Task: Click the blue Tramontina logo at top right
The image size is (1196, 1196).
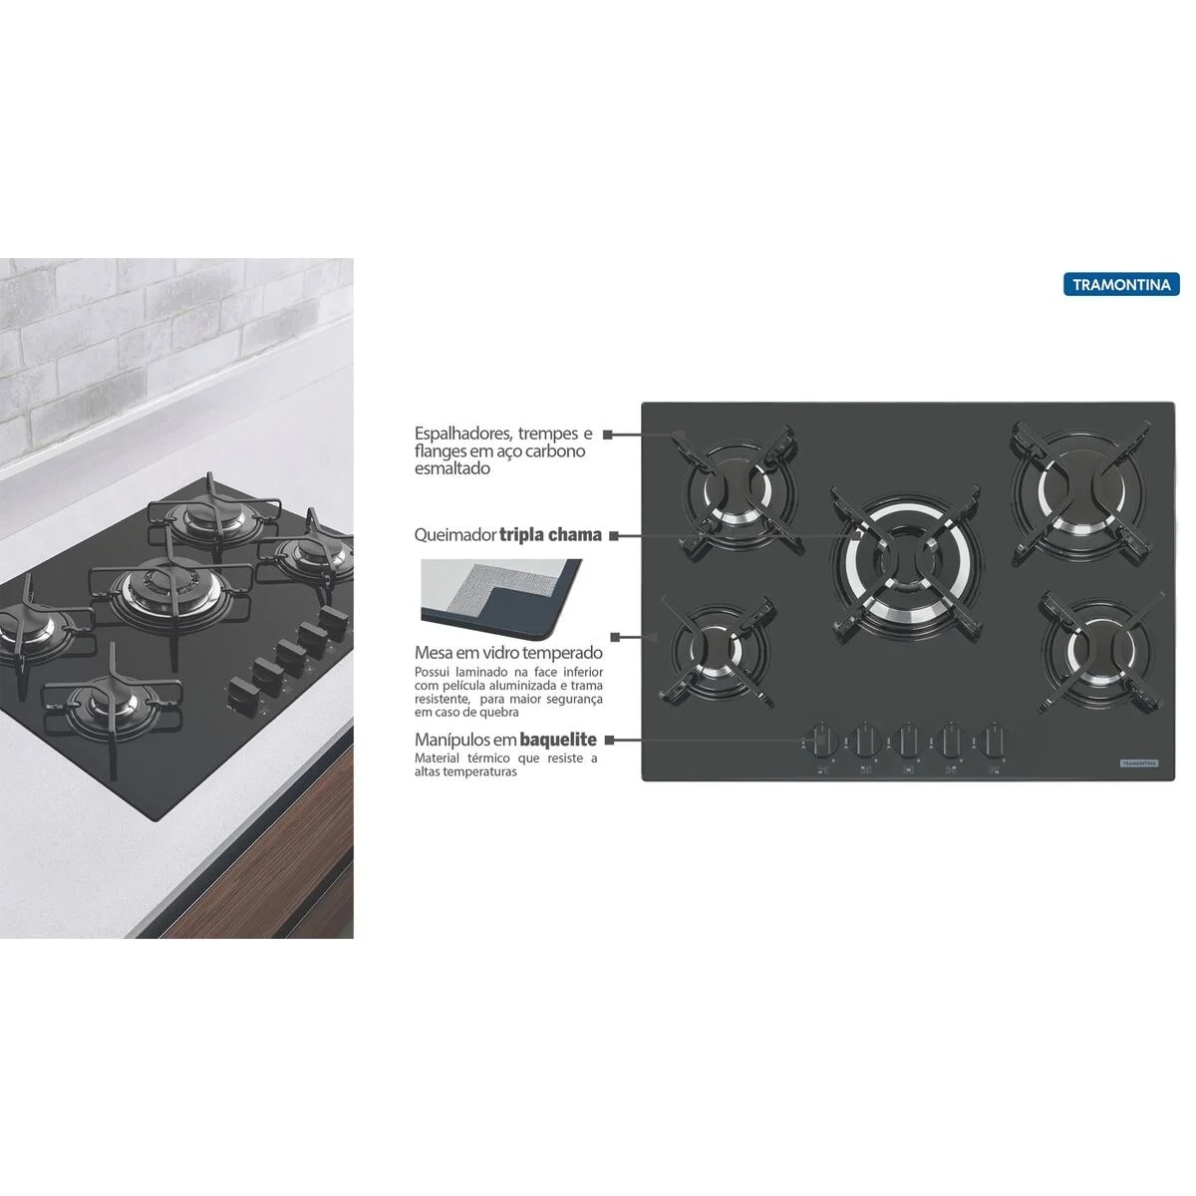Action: tap(1121, 284)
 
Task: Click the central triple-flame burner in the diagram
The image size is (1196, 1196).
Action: tap(906, 562)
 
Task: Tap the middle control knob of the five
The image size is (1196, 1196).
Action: tap(907, 741)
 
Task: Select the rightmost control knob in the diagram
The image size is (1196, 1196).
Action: tap(994, 741)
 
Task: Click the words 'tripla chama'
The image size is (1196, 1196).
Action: tap(550, 534)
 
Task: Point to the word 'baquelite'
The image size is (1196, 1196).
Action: tap(558, 740)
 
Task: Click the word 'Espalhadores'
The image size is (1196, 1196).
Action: tap(463, 434)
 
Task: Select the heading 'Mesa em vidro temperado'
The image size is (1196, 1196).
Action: tap(508, 653)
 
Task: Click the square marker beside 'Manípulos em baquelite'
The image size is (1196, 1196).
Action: tap(608, 740)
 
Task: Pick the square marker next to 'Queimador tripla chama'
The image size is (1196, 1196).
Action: tap(613, 535)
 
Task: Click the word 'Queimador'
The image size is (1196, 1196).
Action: tap(454, 535)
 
